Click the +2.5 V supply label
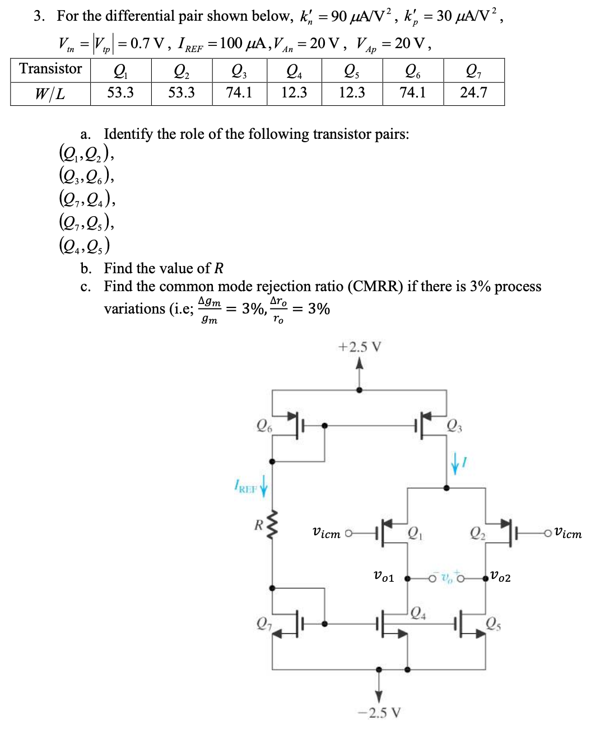[359, 347]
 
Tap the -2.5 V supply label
[379, 713]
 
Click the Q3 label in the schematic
[454, 427]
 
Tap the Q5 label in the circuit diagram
[494, 623]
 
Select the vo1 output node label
[384, 577]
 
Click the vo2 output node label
[500, 577]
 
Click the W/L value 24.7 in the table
[473, 92]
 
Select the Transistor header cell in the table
[50, 69]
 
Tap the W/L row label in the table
[50, 93]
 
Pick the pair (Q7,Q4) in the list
[87, 199]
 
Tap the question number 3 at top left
[38, 16]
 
